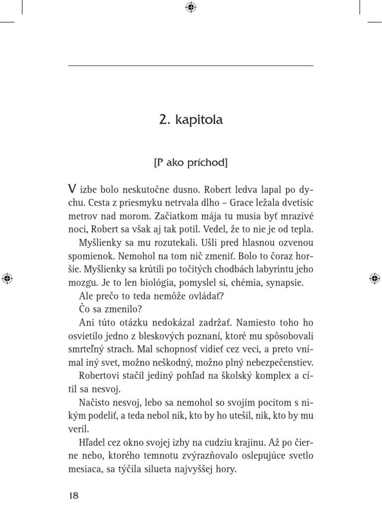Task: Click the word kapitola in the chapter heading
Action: click(199, 121)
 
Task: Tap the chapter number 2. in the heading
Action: click(165, 120)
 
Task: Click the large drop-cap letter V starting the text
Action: click(72, 190)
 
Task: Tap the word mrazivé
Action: click(296, 217)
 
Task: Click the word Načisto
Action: click(95, 402)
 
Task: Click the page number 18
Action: click(73, 496)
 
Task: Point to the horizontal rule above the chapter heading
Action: click(191, 66)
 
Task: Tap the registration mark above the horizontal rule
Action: click(191, 7)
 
